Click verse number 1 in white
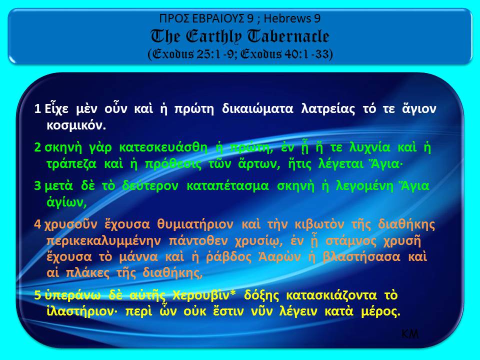tap(37, 109)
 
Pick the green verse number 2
tap(37, 148)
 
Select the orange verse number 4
tap(37, 223)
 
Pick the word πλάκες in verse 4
tap(85, 273)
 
